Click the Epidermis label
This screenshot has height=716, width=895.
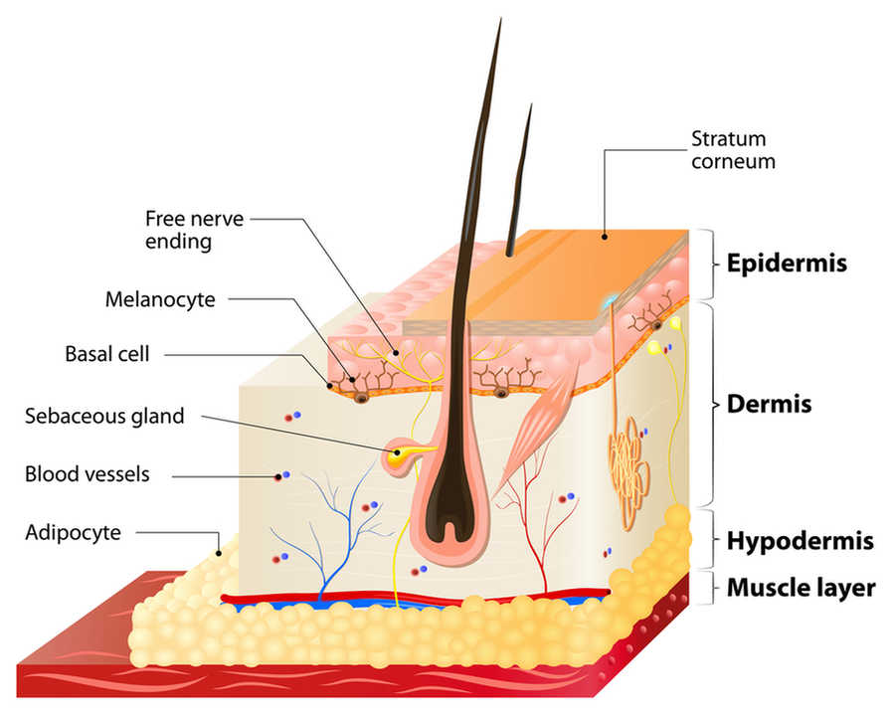point(787,264)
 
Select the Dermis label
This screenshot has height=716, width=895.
point(769,405)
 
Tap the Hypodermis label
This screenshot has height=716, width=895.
point(800,541)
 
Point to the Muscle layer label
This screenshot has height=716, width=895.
point(801,588)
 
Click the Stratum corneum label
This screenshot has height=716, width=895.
point(733,150)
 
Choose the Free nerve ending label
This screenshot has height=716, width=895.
point(194,230)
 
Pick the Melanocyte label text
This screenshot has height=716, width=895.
point(160,299)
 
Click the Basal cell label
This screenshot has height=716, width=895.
point(107,354)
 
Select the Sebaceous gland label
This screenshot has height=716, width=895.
point(104,417)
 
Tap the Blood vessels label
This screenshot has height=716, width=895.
point(88,474)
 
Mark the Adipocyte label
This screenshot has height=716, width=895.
point(73,533)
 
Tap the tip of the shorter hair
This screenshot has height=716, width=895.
point(531,103)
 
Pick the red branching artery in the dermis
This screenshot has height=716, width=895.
point(537,531)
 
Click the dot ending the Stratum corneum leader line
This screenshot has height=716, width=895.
point(605,236)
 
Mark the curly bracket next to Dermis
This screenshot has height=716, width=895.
point(711,405)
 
